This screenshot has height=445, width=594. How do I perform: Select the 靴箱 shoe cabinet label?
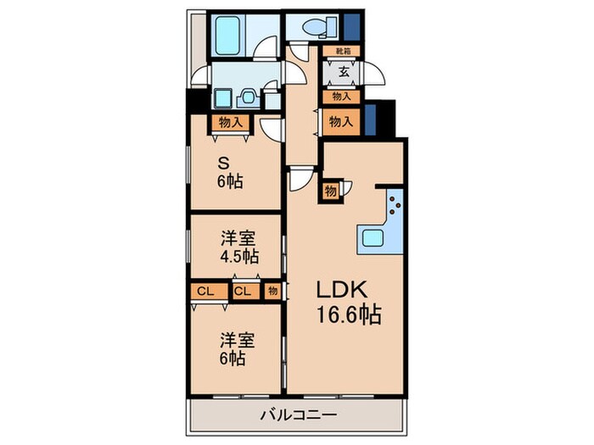(343, 51)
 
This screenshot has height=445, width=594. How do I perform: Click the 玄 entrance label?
(344, 73)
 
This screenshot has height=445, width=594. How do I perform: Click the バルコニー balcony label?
(298, 416)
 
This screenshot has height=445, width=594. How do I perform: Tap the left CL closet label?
(204, 292)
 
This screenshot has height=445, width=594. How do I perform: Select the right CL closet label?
(242, 292)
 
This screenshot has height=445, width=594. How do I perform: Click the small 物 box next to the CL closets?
(272, 292)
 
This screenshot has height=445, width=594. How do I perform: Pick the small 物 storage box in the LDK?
(331, 190)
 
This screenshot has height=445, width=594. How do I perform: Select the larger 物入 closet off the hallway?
(341, 122)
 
